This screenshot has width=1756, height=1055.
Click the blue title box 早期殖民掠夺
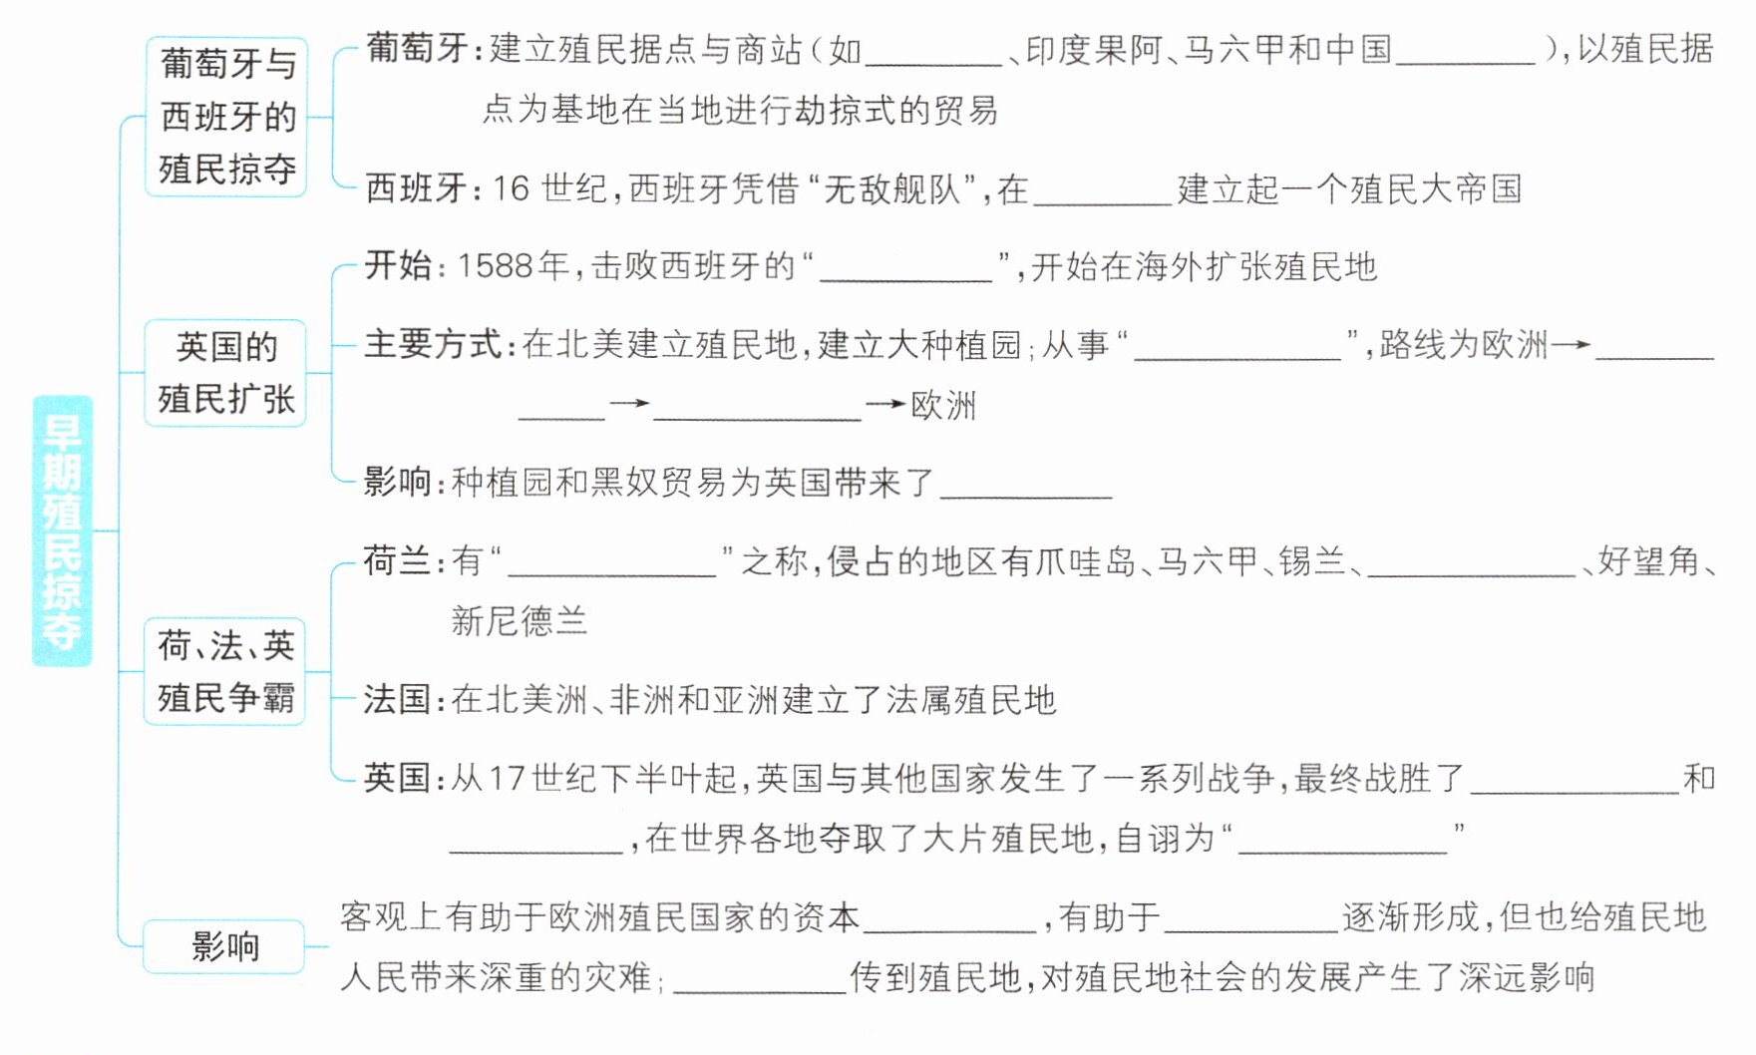62,530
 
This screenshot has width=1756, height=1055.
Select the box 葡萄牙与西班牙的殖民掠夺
226,117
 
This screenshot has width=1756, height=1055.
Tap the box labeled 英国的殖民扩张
226,373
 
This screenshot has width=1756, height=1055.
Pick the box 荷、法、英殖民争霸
225,671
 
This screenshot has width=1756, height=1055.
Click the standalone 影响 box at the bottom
224,946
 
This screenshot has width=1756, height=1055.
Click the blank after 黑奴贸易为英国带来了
1026,486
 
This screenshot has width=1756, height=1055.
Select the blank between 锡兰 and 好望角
1471,564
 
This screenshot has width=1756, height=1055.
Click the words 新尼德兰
519,621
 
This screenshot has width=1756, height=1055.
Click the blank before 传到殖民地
760,980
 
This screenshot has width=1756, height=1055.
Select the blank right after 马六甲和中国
1465,52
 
